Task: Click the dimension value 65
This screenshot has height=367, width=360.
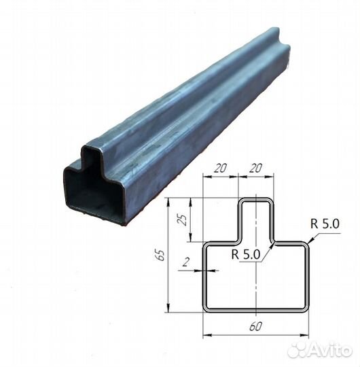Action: (160, 255)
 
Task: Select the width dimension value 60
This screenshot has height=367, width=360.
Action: (255, 327)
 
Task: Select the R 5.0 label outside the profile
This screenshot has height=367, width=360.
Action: (325, 222)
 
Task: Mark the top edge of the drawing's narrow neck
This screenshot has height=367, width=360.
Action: (255, 198)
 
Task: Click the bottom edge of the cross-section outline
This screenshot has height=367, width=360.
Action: (255, 311)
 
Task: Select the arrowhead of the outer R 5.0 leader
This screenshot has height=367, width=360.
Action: (308, 241)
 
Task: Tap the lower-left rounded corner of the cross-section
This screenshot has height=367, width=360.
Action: (206, 309)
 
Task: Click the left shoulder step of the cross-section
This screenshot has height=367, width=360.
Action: (221, 241)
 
